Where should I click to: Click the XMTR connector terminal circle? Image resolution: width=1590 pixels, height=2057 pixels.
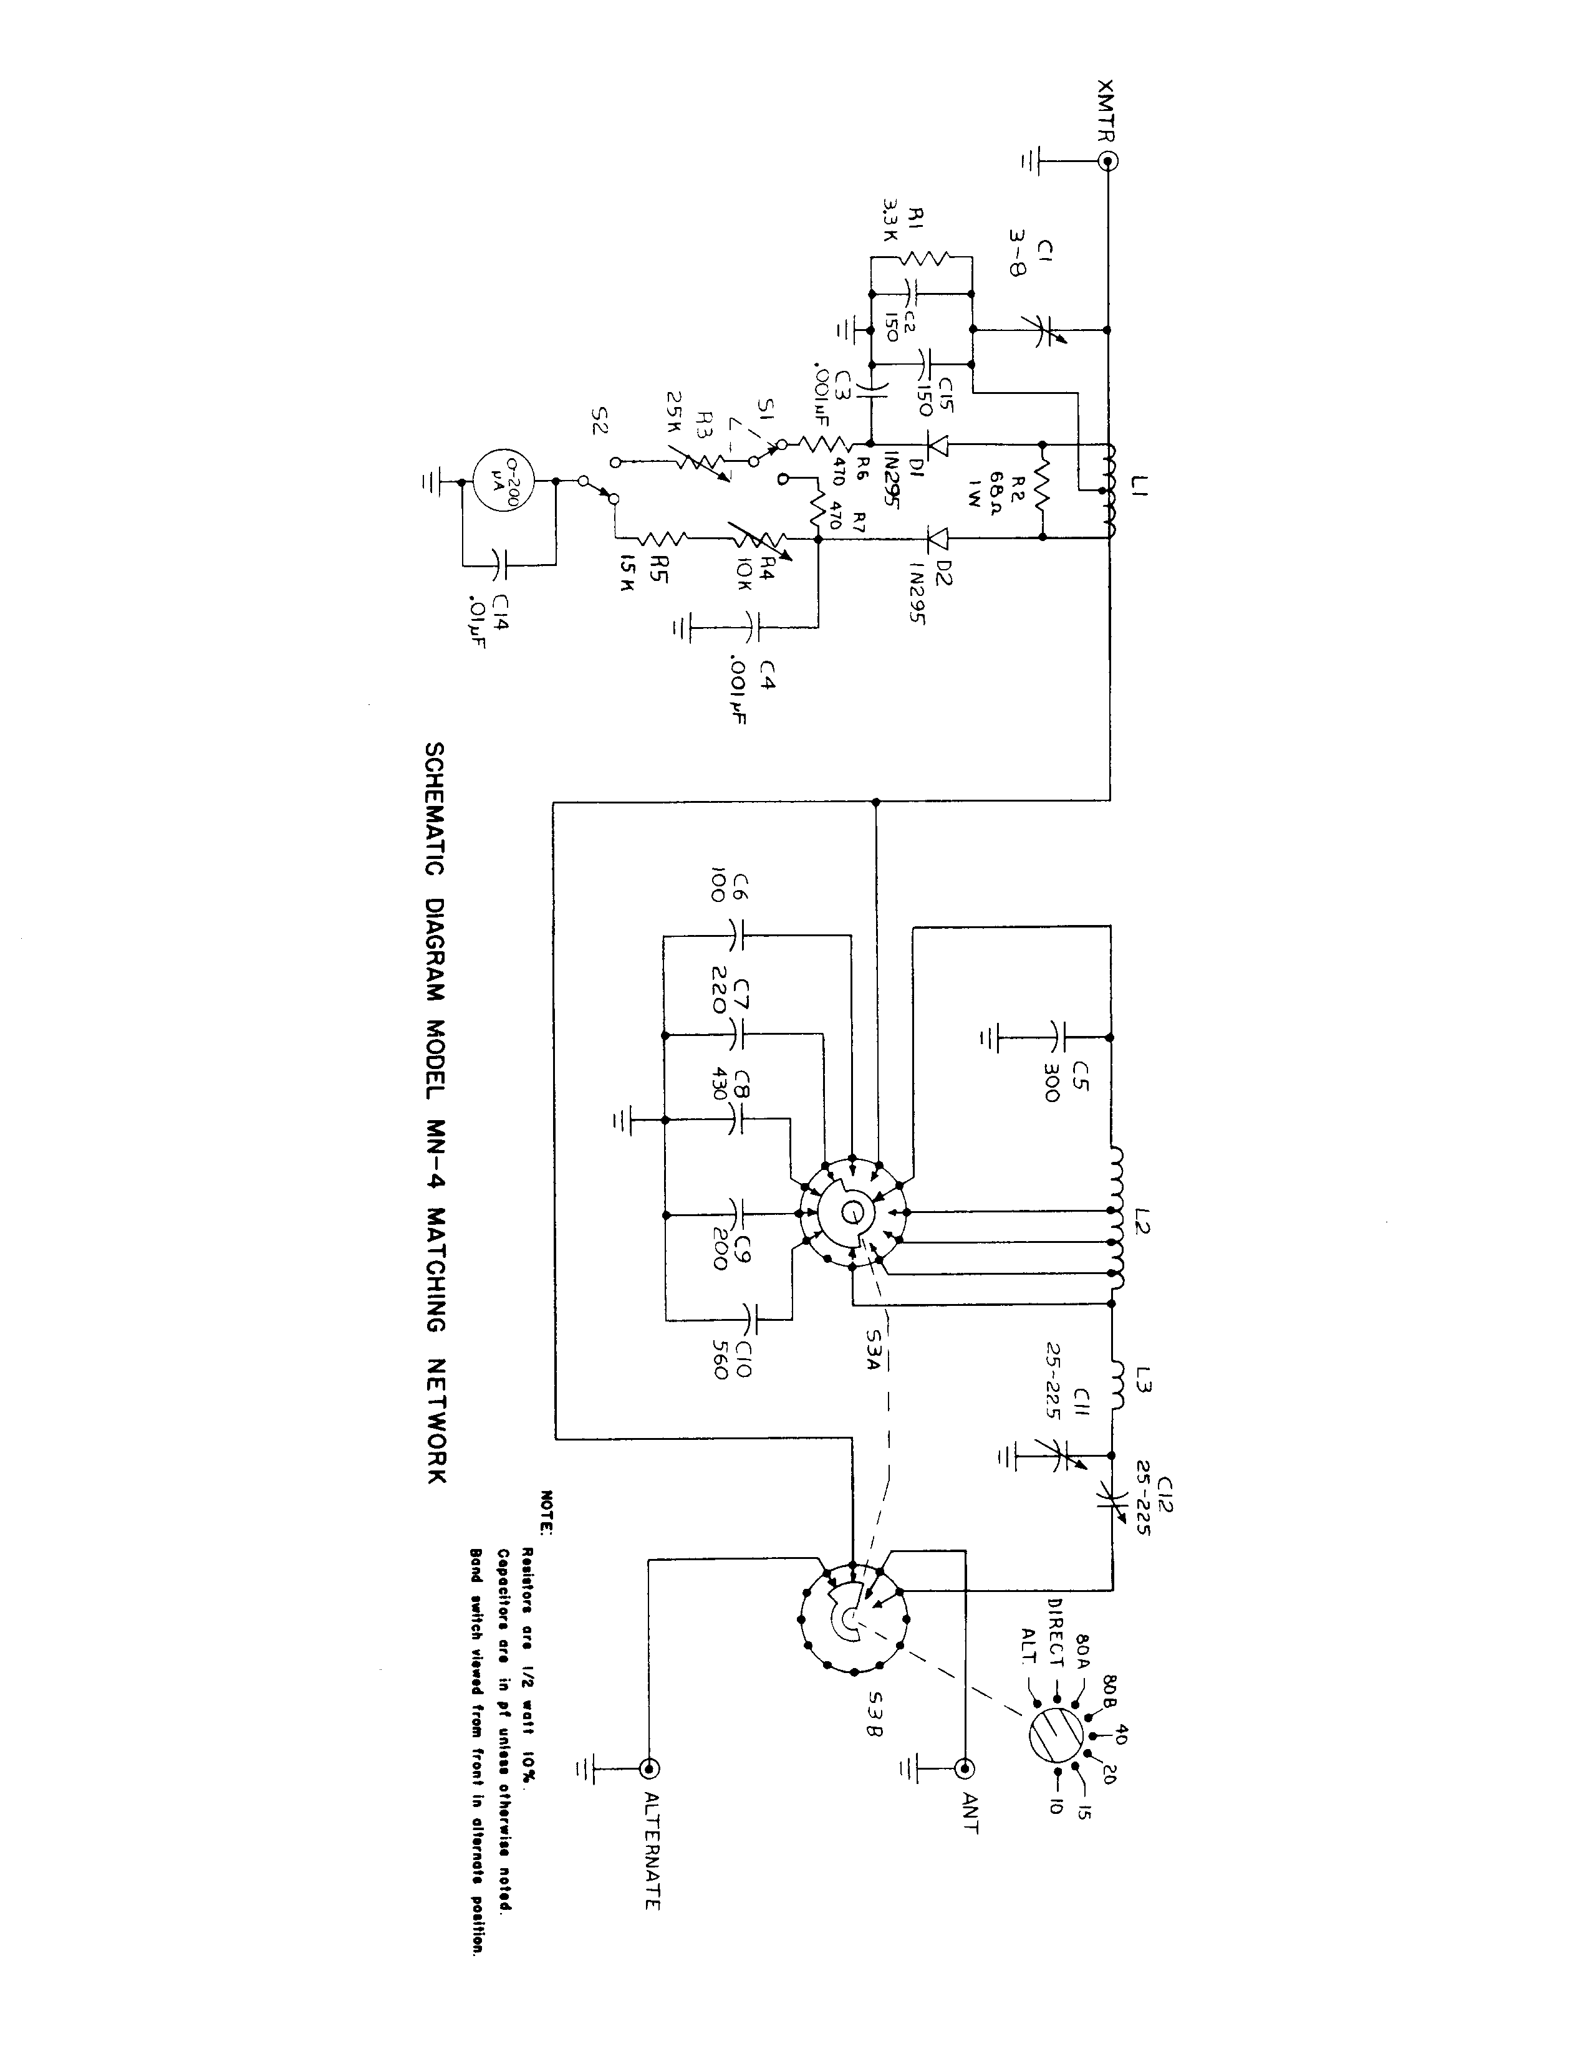coord(1109,161)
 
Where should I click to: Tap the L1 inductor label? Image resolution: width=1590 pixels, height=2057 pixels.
coord(1140,488)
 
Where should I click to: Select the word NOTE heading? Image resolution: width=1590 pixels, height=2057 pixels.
coord(546,1512)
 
